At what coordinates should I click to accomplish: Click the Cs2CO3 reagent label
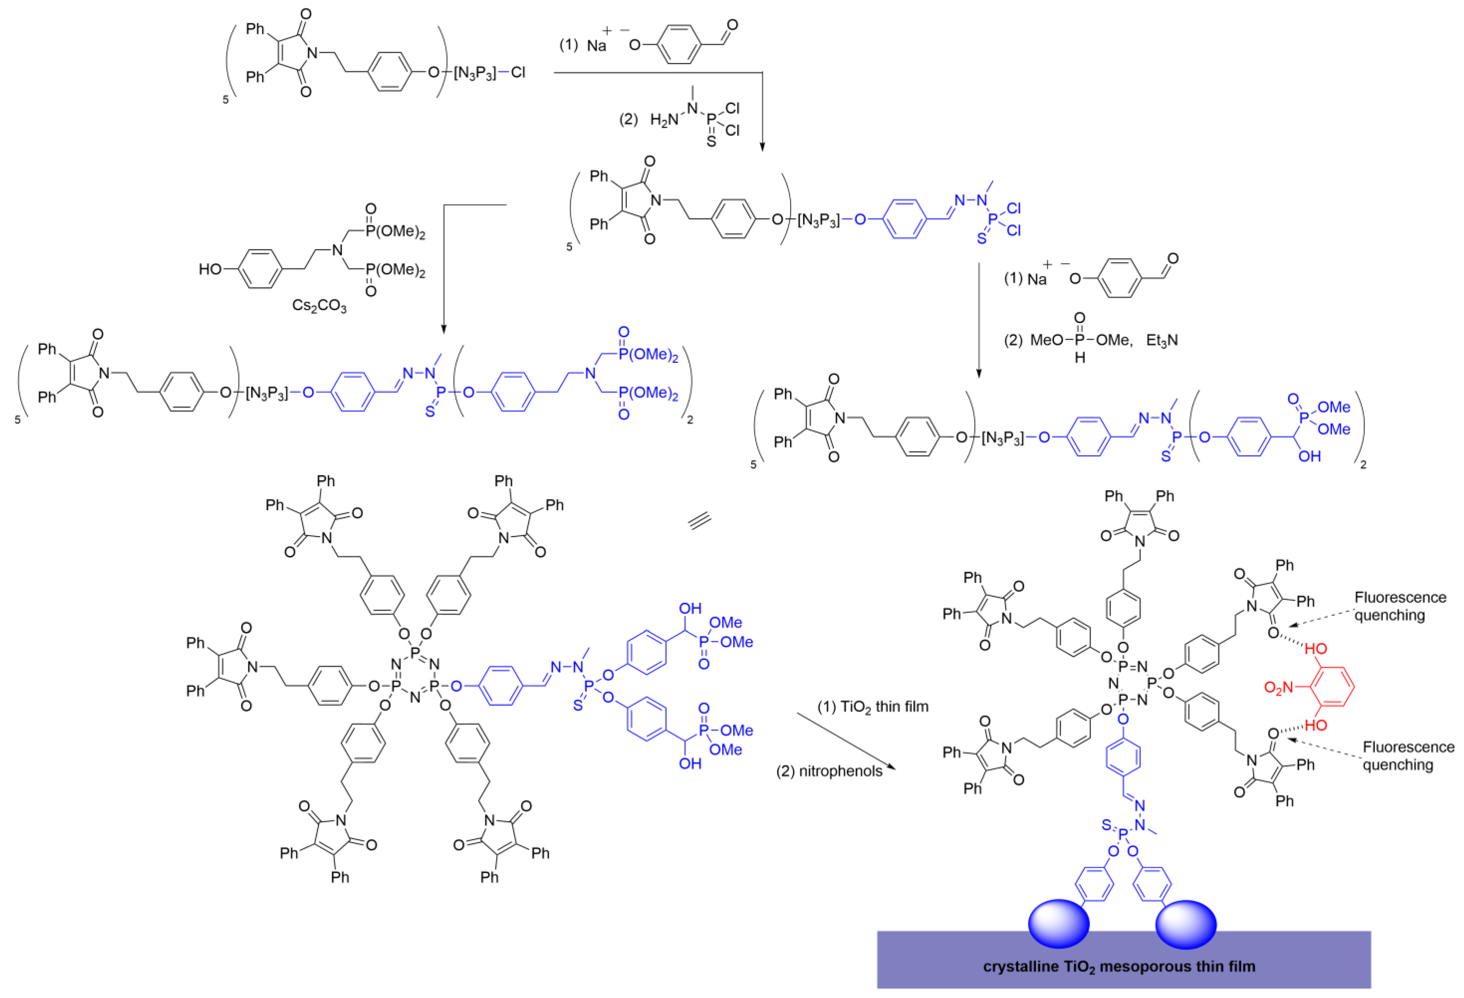pos(320,306)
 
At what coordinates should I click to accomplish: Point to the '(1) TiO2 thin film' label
pos(872,707)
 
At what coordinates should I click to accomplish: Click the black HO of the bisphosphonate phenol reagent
pos(210,269)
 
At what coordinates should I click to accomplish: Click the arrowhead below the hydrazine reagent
pos(762,146)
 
